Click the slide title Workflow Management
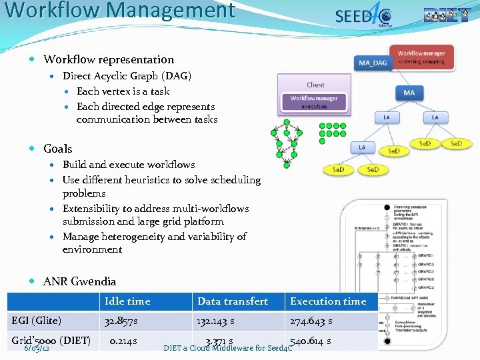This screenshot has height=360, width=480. [120, 11]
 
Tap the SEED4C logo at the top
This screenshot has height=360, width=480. [363, 16]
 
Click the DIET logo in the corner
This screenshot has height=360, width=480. [446, 15]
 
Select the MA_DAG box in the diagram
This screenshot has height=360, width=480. [372, 63]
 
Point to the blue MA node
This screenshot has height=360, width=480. [409, 93]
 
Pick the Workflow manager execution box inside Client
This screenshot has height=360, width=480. [313, 102]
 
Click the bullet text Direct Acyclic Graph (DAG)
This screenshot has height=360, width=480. [127, 76]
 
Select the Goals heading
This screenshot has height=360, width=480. [57, 149]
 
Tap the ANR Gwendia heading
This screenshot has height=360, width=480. [79, 281]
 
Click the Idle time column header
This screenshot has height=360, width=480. [127, 301]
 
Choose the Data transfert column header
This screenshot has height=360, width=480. [233, 301]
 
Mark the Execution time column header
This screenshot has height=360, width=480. [328, 301]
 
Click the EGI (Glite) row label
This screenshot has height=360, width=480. [37, 321]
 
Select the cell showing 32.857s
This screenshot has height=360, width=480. [121, 321]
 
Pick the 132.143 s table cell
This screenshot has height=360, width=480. [215, 321]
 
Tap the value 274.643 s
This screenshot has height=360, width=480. [311, 321]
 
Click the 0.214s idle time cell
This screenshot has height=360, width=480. [123, 341]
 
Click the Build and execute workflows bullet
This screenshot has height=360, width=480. [129, 164]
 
